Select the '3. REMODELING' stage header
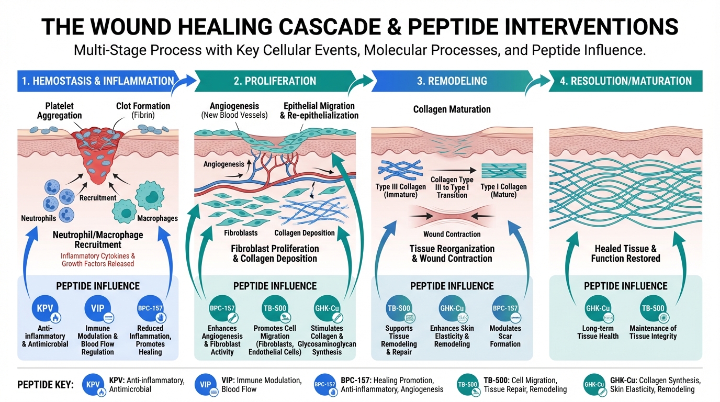tap(452, 81)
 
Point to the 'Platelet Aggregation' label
tap(60, 110)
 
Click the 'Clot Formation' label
tap(136, 110)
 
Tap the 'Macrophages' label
tap(157, 218)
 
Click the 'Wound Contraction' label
tap(452, 234)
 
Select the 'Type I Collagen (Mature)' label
tap(503, 191)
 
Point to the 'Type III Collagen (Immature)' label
tap(400, 191)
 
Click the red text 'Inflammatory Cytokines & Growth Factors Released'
tap(98, 260)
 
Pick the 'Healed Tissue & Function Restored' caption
tap(625, 253)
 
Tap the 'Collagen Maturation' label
tap(452, 109)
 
